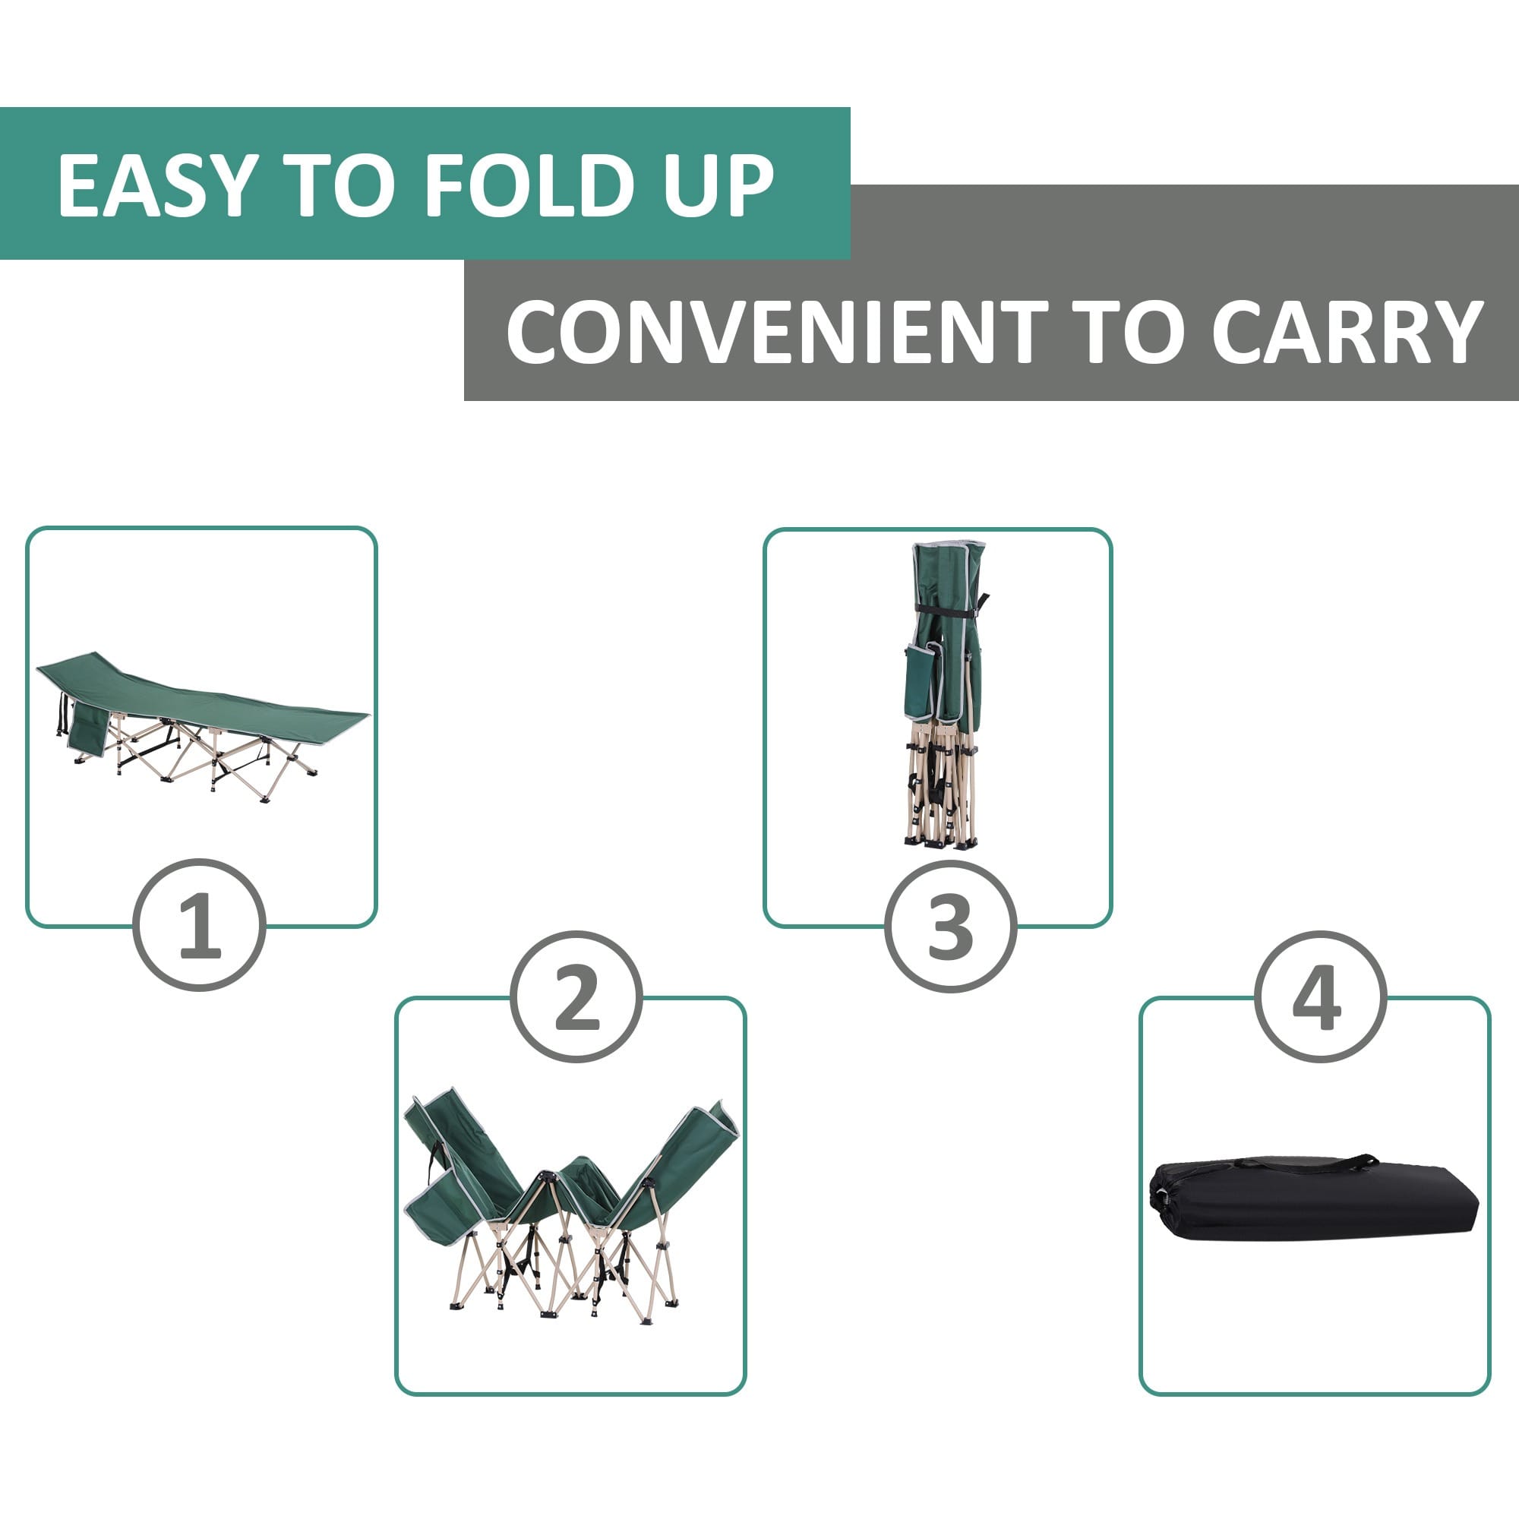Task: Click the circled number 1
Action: (199, 924)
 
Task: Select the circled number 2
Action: (576, 998)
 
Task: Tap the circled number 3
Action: (951, 925)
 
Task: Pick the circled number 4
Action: (1320, 998)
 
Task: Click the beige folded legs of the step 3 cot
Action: (941, 786)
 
